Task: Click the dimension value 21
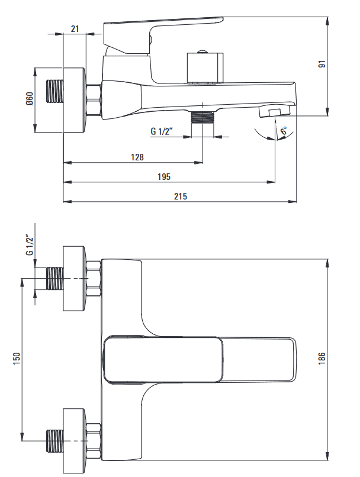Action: coord(75,28)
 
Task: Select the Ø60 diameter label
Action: coord(30,99)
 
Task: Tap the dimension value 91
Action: coord(322,64)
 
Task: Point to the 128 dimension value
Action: coord(137,157)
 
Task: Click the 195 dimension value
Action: coord(164,176)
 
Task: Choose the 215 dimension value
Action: coord(181,196)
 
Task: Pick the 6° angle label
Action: coord(283,131)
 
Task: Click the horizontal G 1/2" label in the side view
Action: coord(162,131)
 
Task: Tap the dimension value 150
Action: coord(17,358)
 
